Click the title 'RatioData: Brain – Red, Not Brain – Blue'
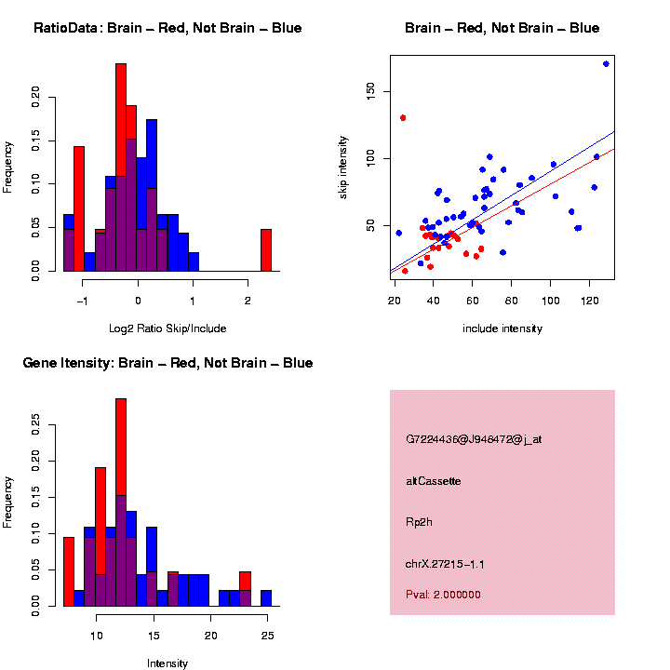(x=167, y=28)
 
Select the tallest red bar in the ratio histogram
(x=121, y=167)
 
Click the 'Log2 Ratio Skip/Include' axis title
(x=167, y=328)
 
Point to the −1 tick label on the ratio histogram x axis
(x=82, y=301)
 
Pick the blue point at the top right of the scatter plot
(x=606, y=64)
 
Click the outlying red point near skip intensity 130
(x=403, y=118)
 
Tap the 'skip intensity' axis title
(x=343, y=162)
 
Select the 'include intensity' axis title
(x=502, y=328)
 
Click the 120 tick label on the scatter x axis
(x=590, y=301)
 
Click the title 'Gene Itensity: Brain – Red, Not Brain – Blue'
(x=167, y=363)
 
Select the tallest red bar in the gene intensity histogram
(x=121, y=502)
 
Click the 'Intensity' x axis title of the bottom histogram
(x=167, y=663)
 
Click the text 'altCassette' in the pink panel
(x=434, y=481)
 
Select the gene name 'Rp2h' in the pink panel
(x=419, y=522)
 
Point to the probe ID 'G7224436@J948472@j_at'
(x=474, y=439)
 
